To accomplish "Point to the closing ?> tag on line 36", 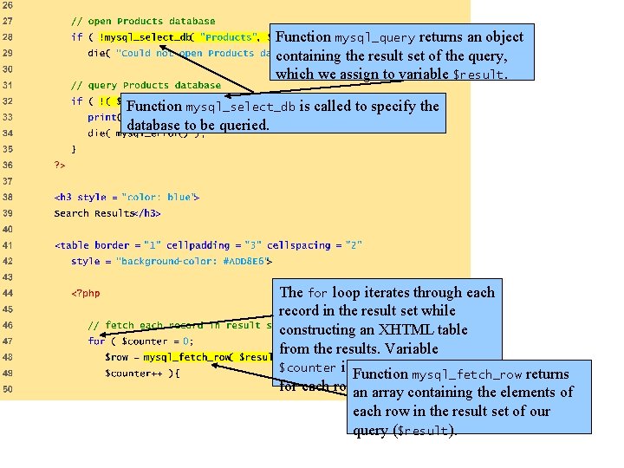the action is pos(59,165).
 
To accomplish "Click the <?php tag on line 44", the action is pos(86,293).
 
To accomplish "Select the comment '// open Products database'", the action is pos(143,22).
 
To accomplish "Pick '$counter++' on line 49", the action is pos(130,374).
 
